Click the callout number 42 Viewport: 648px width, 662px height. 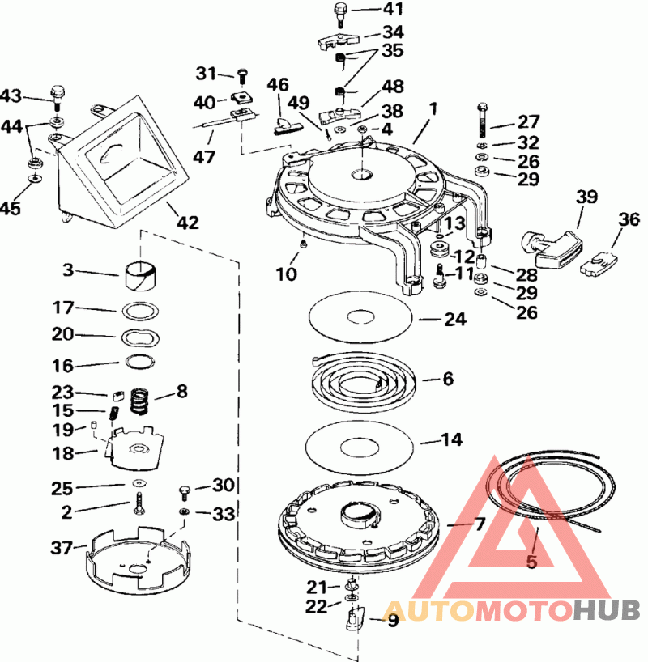coord(187,223)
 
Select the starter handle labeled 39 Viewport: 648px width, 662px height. coord(552,246)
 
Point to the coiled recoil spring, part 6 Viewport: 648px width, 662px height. coord(364,381)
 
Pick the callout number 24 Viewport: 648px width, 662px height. coord(455,319)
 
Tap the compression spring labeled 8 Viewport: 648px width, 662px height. coord(139,401)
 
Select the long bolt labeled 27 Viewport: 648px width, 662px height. coord(483,121)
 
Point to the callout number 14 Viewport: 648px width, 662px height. coord(452,439)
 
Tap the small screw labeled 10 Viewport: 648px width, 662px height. coord(303,242)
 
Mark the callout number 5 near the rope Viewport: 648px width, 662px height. coord(531,562)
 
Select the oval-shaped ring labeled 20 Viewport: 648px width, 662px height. coord(140,337)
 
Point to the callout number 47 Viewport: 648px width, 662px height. coord(204,157)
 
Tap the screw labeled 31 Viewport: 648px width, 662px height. coord(242,77)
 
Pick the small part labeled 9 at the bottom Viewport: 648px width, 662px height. coord(355,617)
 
